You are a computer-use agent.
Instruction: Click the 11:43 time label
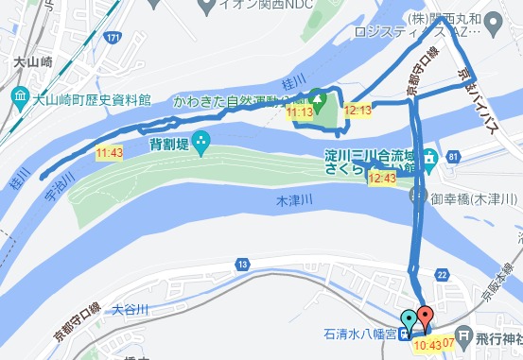click(x=110, y=152)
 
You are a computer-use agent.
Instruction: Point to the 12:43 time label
click(x=382, y=178)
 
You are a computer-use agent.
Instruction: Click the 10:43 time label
click(x=428, y=344)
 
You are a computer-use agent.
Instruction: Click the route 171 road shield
click(x=113, y=38)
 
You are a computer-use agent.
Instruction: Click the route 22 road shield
click(x=441, y=274)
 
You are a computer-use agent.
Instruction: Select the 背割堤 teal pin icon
click(x=200, y=144)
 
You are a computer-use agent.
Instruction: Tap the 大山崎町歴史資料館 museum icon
click(x=20, y=96)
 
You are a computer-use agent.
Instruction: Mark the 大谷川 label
click(x=131, y=309)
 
